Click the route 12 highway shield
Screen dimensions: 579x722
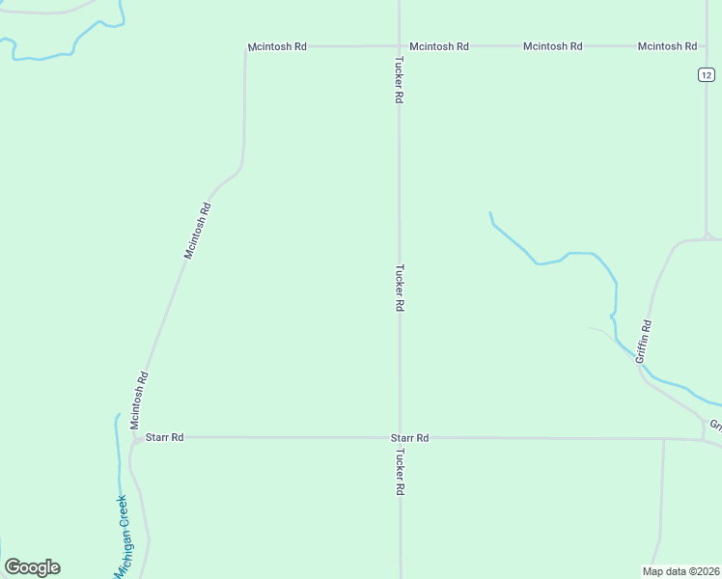point(707,75)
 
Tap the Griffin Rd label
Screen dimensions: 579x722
point(645,342)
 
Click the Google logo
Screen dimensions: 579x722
point(32,567)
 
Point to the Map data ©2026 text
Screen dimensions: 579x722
point(680,570)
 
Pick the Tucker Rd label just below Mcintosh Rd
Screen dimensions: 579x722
point(398,80)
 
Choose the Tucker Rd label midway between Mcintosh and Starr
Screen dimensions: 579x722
point(399,288)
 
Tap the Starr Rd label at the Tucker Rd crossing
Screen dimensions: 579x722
point(409,438)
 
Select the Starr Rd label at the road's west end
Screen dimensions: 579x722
point(164,437)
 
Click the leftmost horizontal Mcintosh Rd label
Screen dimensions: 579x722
point(277,46)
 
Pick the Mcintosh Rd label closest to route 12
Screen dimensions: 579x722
point(667,46)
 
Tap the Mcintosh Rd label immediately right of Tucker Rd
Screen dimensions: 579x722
point(439,46)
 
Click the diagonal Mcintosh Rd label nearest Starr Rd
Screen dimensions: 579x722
point(139,400)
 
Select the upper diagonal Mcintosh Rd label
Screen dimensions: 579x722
point(198,230)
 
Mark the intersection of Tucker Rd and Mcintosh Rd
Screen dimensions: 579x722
point(399,45)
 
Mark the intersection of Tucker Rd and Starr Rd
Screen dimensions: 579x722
point(400,438)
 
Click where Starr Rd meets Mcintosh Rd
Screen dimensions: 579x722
point(138,438)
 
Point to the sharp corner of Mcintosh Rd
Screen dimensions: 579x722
point(245,47)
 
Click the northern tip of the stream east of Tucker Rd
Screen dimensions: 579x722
point(490,212)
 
